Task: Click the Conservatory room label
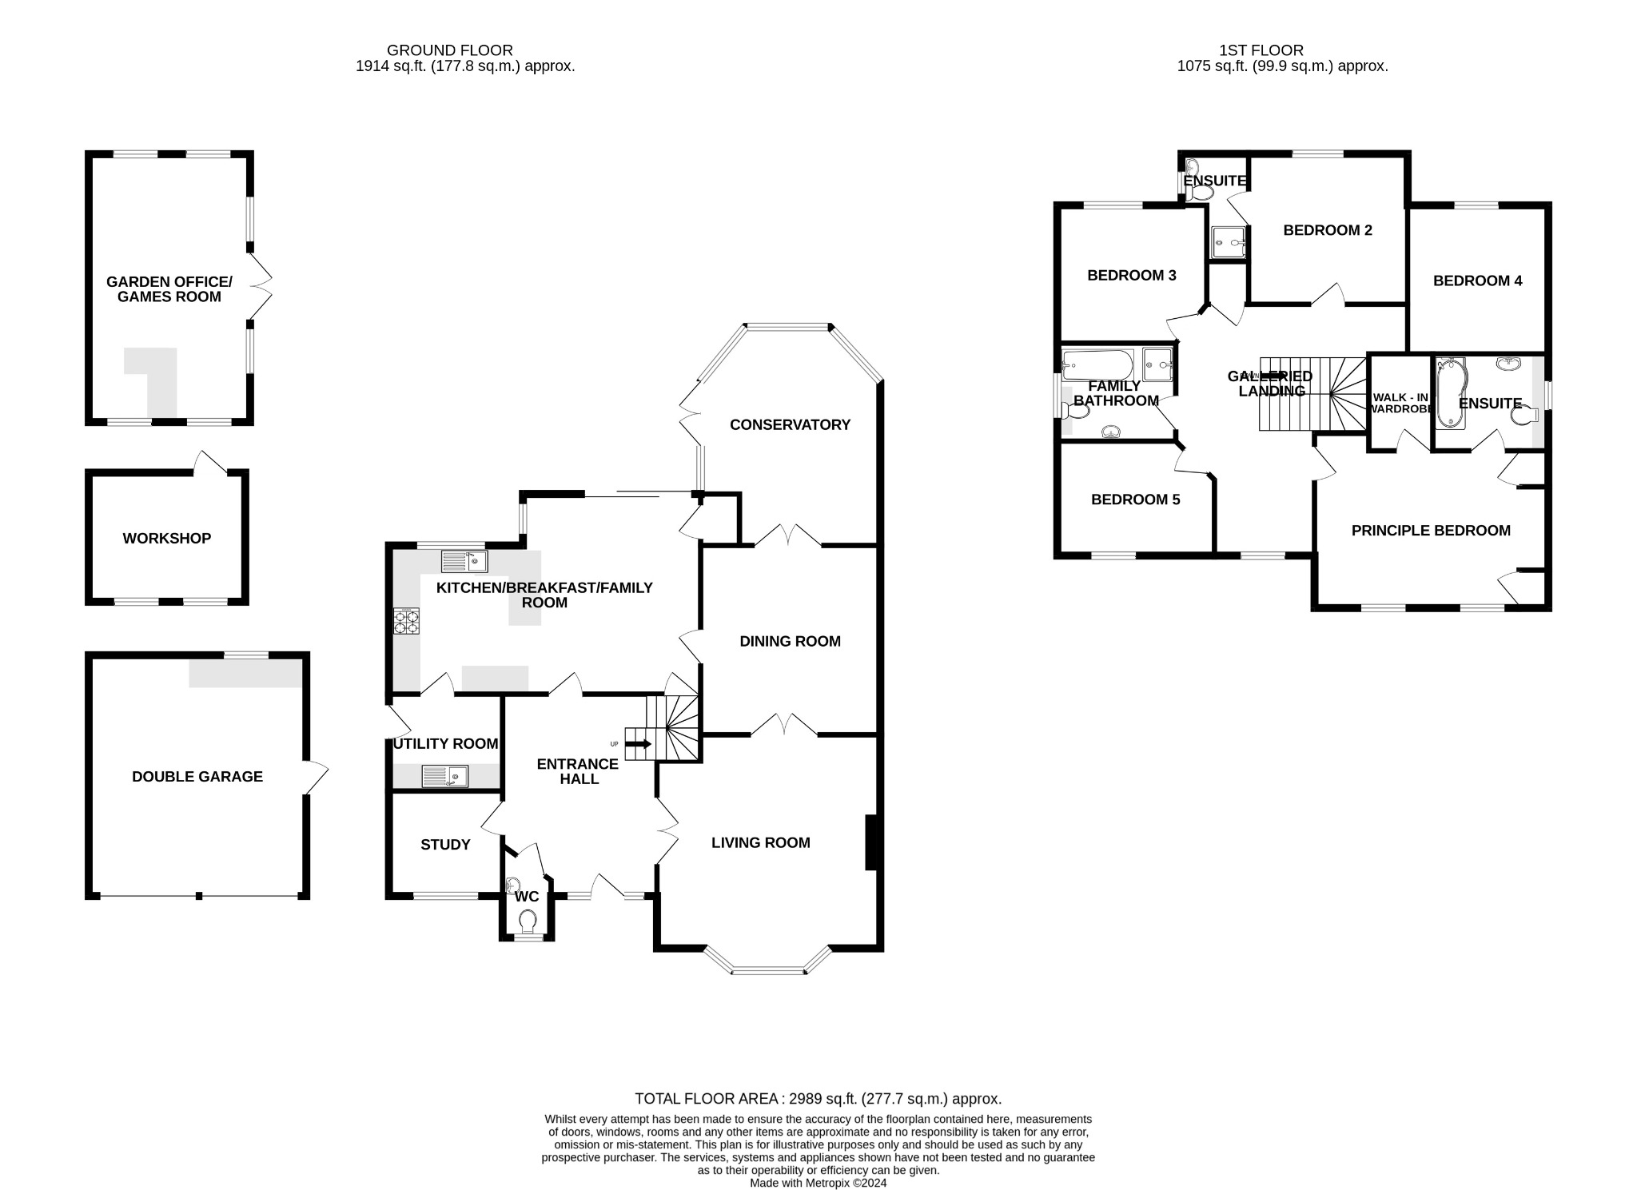tap(790, 424)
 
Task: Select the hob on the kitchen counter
tap(407, 622)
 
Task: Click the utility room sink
tap(444, 776)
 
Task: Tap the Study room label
tap(445, 845)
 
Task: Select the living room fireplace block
tap(872, 842)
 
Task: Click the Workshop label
tap(166, 538)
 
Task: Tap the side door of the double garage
tap(317, 776)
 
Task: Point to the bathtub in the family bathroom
tap(1097, 364)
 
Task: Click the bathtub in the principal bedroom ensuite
tap(1449, 393)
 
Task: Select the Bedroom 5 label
tap(1135, 499)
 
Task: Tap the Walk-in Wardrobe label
tap(1400, 403)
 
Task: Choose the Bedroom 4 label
tap(1477, 281)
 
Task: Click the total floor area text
tap(818, 1099)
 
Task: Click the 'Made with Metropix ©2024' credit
tap(818, 1183)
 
